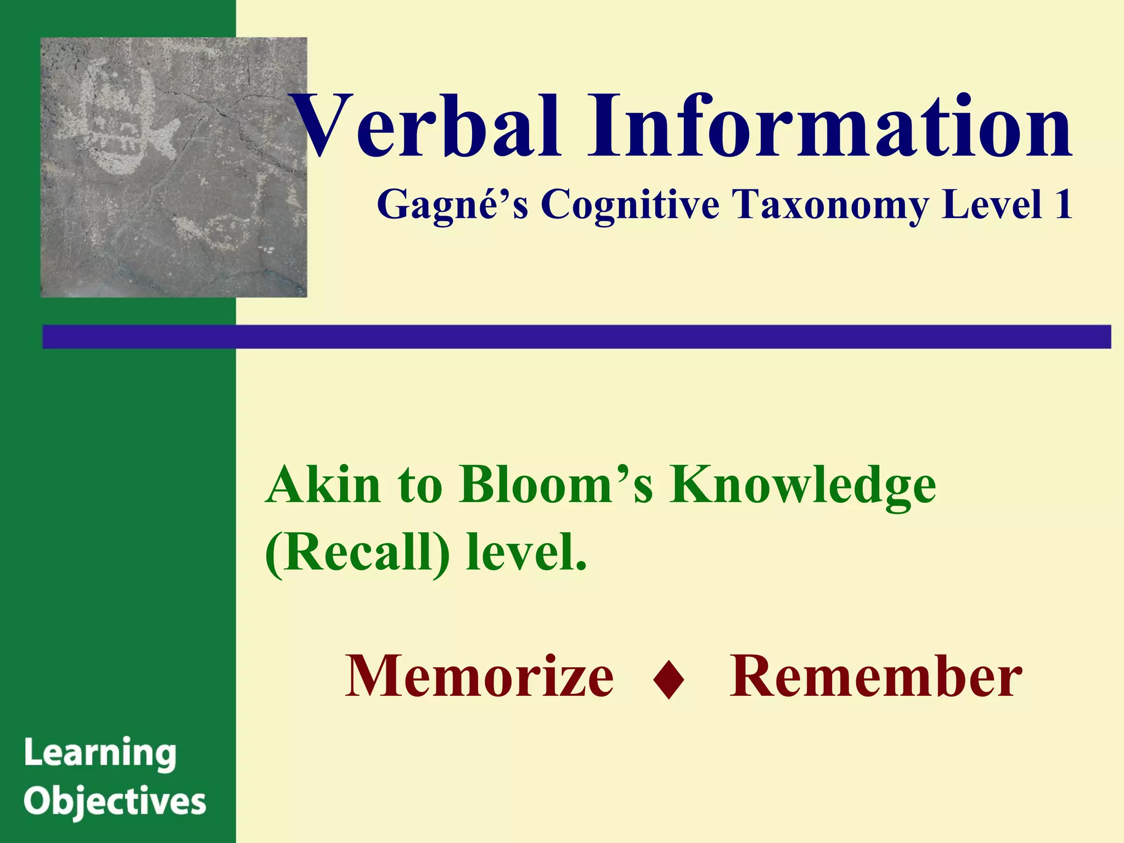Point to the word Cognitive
click(630, 204)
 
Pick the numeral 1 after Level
click(1063, 204)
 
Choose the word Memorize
click(479, 676)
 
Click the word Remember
click(875, 676)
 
